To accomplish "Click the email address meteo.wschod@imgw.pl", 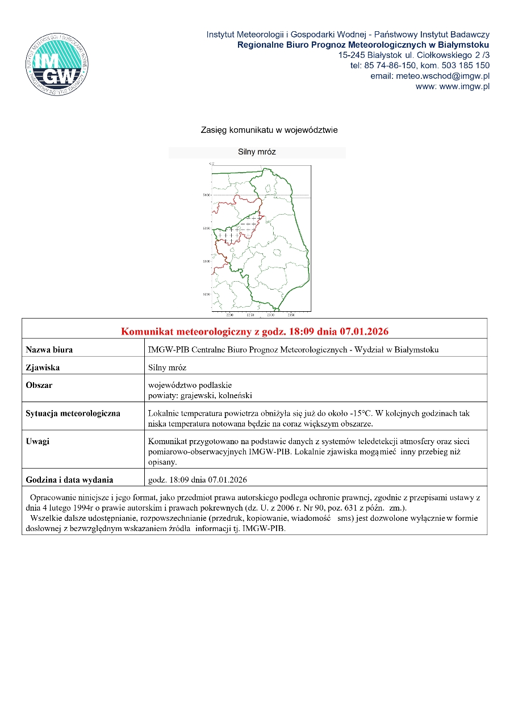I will click(x=430, y=76).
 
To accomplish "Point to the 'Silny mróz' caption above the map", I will click(x=257, y=152).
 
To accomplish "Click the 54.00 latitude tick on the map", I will click(x=207, y=195).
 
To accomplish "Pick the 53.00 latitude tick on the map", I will click(x=207, y=261).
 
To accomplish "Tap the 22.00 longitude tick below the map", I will click(x=229, y=314).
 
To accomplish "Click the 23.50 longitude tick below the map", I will click(x=291, y=314).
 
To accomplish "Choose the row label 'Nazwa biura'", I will click(x=49, y=350).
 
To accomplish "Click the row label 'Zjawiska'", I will click(x=43, y=367).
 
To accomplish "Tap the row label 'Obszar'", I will click(x=39, y=385).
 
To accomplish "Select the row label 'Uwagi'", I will click(x=37, y=441).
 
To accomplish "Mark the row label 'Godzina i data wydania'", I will click(x=69, y=479).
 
